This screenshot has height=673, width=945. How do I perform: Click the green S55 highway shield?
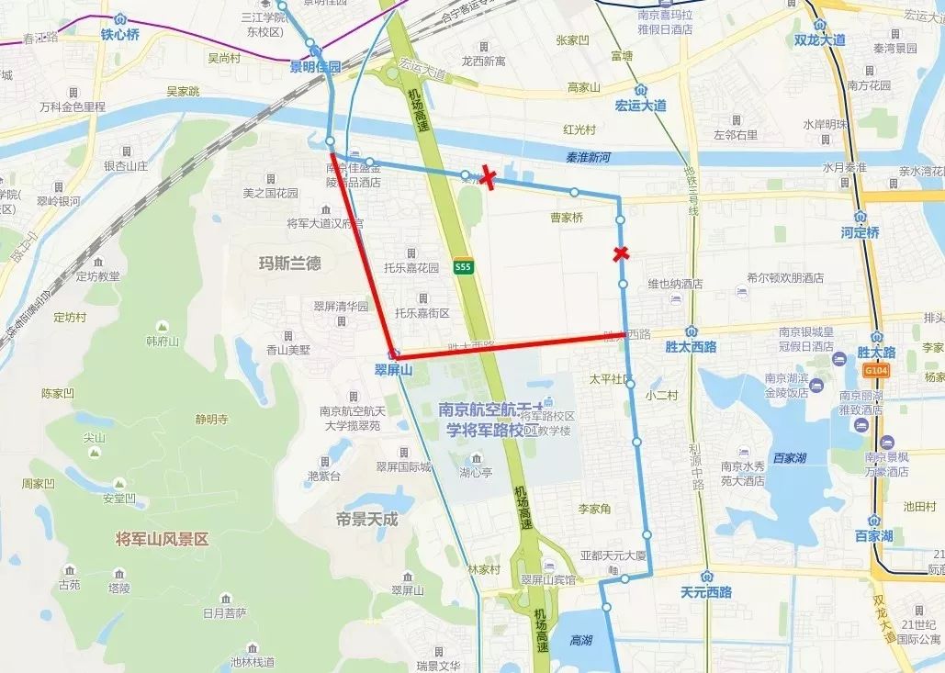[x=464, y=267]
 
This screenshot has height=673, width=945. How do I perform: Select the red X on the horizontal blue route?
[x=488, y=179]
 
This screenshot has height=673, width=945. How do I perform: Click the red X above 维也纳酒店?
[x=621, y=253]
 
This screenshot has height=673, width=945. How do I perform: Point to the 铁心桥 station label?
[x=119, y=35]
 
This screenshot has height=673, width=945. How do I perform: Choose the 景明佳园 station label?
[x=315, y=66]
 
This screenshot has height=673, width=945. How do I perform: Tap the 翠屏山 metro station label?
[x=394, y=370]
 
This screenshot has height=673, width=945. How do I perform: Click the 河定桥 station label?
[x=860, y=232]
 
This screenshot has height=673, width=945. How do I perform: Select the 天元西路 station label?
[x=705, y=592]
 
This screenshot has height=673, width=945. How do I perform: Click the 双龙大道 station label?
[x=820, y=39]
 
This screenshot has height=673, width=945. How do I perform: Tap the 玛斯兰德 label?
[x=290, y=263]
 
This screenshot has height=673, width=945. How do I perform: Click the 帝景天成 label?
[x=367, y=519]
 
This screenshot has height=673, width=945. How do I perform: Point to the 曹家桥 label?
[x=567, y=218]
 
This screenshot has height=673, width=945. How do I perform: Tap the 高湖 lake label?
[x=580, y=640]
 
